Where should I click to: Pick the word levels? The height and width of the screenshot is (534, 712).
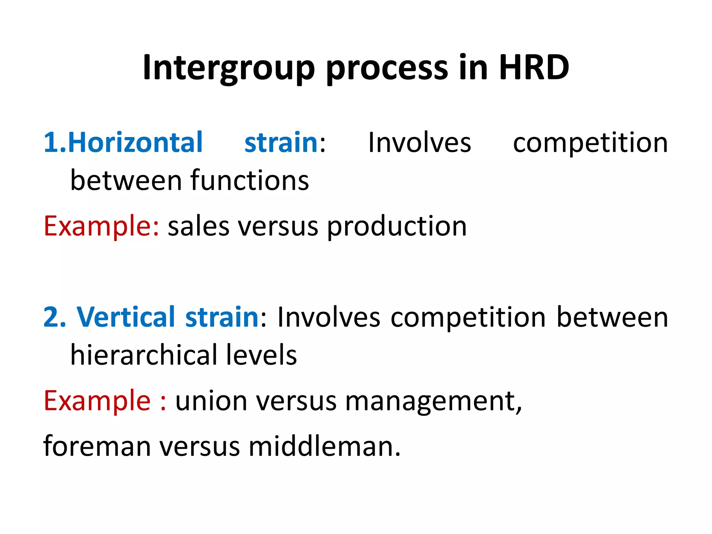[261, 355]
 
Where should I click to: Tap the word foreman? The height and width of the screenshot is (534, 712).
[97, 446]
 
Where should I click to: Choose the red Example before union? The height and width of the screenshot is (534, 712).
[97, 402]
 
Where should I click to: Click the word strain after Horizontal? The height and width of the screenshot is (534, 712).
[281, 143]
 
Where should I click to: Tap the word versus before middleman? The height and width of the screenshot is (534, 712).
[200, 447]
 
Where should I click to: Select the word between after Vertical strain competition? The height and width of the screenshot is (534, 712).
[612, 317]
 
